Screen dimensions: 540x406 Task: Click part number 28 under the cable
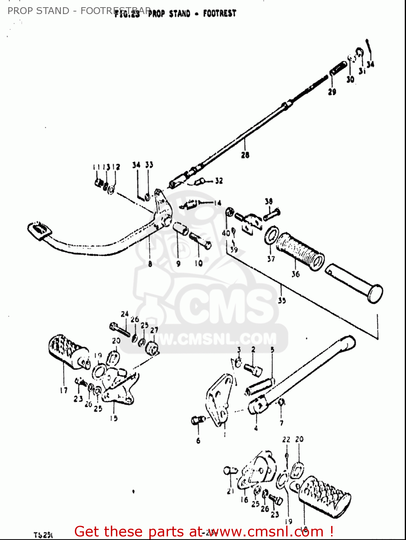point(245,155)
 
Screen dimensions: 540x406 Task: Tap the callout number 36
point(296,274)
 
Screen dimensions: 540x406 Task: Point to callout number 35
point(282,300)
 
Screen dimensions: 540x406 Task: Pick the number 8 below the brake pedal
point(150,264)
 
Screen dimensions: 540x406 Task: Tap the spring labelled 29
point(338,68)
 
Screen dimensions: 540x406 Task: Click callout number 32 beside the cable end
point(219,181)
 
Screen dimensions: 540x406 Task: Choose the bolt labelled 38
point(272,215)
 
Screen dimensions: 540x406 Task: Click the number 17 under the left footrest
point(64,390)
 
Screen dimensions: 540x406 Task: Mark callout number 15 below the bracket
point(114,418)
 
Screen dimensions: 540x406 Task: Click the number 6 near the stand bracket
point(198,441)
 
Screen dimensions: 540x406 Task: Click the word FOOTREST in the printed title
point(220,14)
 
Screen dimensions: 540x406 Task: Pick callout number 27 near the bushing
point(154,330)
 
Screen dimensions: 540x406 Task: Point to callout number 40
point(226,233)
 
